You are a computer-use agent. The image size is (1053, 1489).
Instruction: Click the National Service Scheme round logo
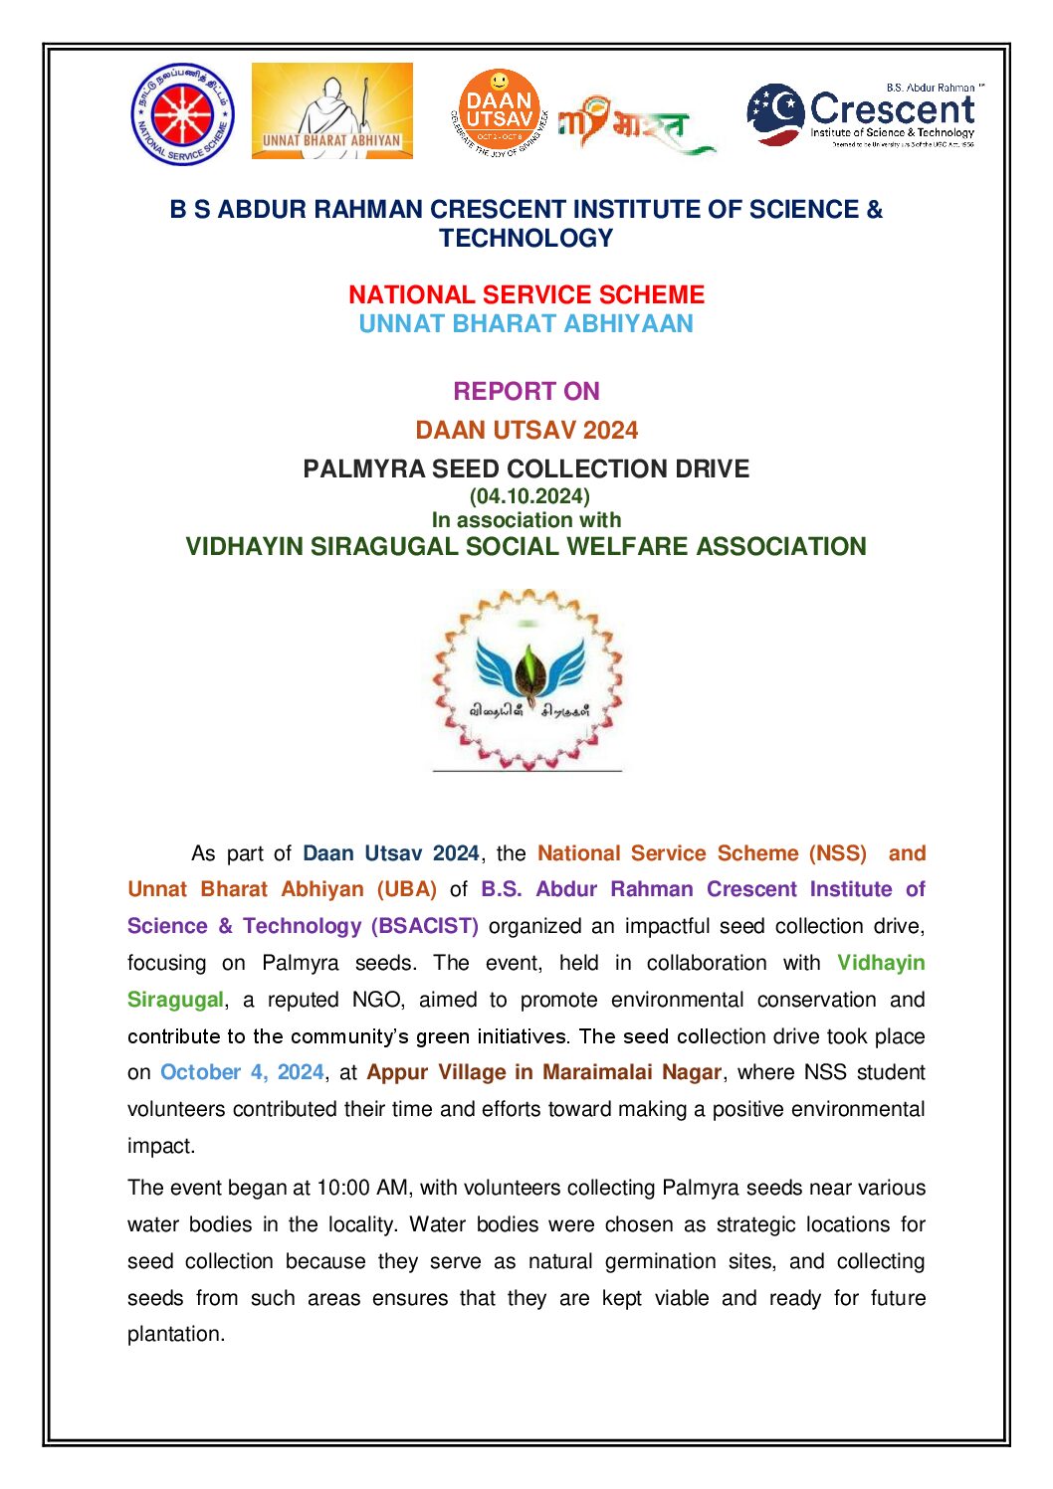(182, 114)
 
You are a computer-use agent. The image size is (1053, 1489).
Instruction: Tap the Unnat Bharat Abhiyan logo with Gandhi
(331, 111)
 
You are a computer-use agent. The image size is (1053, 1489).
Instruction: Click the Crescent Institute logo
(865, 114)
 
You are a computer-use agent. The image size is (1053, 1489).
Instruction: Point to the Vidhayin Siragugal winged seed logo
(527, 680)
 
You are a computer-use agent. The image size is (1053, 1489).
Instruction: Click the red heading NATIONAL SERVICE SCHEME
(526, 294)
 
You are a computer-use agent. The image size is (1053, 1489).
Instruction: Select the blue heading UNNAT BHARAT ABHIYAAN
(526, 324)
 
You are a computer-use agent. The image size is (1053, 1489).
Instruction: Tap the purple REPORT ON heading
(526, 391)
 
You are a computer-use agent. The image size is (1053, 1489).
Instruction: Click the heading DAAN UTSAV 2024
(526, 430)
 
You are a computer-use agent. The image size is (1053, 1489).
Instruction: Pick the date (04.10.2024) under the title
(529, 495)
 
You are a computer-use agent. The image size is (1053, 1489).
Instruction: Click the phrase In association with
(526, 519)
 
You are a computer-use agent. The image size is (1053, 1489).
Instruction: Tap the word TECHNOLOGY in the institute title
(526, 239)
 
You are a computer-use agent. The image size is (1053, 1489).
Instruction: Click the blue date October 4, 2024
(242, 1072)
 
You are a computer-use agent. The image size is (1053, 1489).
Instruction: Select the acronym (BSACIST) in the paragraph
(425, 926)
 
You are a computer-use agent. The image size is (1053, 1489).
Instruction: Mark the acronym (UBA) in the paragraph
(406, 889)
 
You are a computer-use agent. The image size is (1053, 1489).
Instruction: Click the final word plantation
(175, 1334)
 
